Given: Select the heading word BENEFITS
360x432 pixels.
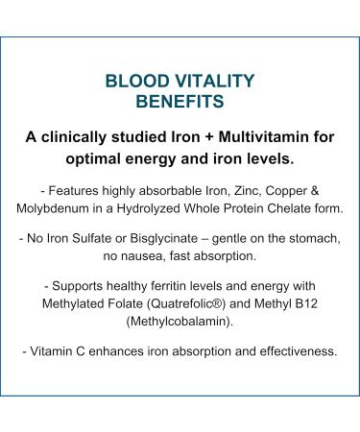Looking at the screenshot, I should pos(180,99).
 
